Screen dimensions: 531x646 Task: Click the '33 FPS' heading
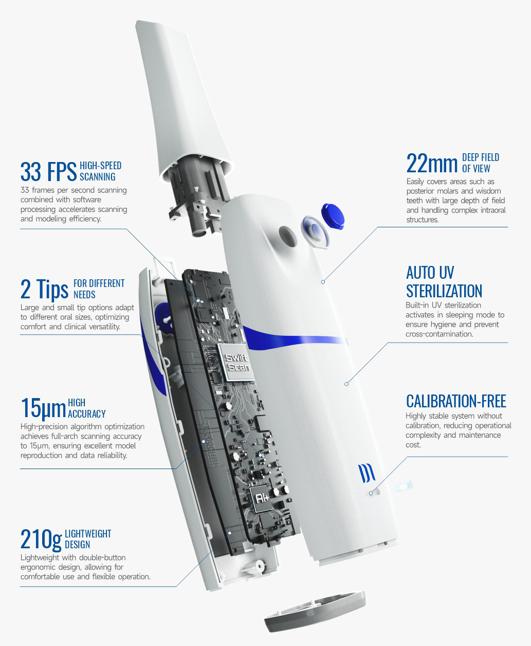coord(48,172)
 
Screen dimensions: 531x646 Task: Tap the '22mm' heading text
coord(432,163)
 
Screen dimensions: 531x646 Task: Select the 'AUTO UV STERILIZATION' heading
coord(444,282)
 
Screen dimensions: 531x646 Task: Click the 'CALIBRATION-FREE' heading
coord(456,401)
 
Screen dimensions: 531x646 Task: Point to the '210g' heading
coord(41,540)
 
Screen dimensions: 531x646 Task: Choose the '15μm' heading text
coord(43,408)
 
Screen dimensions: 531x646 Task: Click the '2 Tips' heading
coord(44,289)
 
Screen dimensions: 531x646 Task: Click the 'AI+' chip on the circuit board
coord(261,499)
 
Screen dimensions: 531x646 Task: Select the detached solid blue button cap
coord(333,217)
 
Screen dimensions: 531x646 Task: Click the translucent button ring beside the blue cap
coord(315,232)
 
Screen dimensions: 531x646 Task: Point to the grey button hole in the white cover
coord(288,236)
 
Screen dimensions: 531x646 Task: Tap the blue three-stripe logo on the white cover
coord(367,473)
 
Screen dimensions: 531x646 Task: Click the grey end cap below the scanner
coord(315,611)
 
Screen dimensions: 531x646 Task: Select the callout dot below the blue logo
coord(371,493)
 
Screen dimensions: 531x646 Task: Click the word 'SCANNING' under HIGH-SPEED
coord(97,177)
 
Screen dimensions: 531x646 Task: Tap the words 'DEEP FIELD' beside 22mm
coord(481,157)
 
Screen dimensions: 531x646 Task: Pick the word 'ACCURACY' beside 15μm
coord(87,414)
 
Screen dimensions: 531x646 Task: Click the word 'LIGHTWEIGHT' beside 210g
coord(88,533)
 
